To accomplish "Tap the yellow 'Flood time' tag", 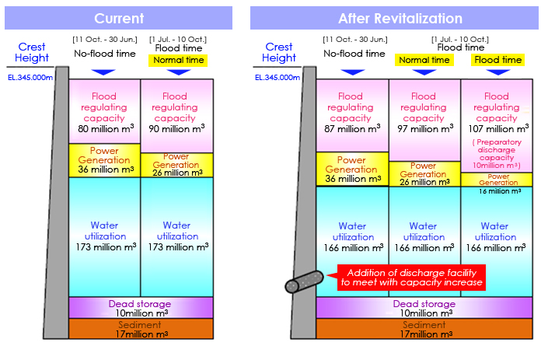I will pos(497,60).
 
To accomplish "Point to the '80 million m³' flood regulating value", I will pos(104,130).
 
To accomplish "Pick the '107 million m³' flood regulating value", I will pos(497,129).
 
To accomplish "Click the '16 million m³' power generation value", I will pos(497,190).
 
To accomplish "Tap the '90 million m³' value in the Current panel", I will pos(176,130).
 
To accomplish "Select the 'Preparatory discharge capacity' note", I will pos(497,154).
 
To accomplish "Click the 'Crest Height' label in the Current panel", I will pos(32,52).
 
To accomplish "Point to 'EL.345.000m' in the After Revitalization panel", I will pos(278,78).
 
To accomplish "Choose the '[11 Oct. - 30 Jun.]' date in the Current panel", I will pos(104,39).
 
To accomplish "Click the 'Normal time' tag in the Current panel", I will pos(179,60).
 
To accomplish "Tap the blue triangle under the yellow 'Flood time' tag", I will pos(497,72).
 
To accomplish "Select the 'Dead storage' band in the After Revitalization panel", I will pos(424,308).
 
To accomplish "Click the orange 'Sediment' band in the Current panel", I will pos(141,329).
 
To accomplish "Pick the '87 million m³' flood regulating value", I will pos(351,129).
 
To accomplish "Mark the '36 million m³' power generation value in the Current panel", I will pos(104,169).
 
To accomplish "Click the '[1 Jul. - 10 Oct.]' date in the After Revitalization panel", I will pos(460,39).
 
